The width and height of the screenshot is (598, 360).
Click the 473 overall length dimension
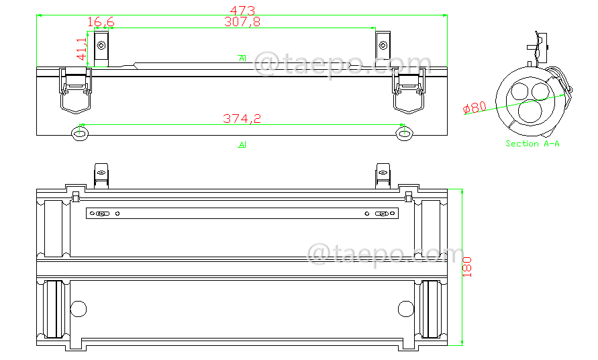pos(242,9)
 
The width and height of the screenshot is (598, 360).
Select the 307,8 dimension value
pos(242,22)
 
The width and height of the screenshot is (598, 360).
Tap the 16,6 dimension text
pos(101,22)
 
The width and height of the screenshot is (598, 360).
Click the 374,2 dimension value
pos(242,119)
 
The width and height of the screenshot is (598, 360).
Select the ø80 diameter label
pos(475,107)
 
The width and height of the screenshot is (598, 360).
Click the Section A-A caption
pos(532,144)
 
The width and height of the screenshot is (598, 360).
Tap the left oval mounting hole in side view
pos(80,133)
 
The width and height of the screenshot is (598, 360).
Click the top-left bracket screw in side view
pos(101,46)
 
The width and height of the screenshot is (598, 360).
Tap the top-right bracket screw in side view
pos(383,46)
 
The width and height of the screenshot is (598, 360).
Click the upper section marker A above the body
pos(242,58)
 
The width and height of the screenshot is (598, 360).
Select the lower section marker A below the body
pos(242,144)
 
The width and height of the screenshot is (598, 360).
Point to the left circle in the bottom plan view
pos(79,308)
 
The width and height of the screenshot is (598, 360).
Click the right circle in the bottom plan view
pos(405,308)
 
